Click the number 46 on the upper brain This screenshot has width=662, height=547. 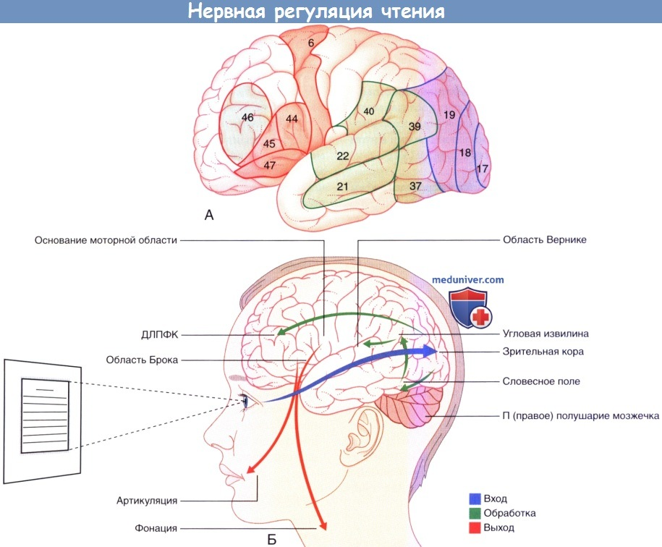pos(247,117)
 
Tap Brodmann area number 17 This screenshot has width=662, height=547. pos(482,169)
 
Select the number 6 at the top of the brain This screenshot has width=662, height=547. pos(311,43)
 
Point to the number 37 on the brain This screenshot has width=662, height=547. pos(415,186)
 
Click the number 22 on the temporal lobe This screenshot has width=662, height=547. pos(343,156)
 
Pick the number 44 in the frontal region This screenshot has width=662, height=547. pos(292,119)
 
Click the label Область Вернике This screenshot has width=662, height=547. pos(545,239)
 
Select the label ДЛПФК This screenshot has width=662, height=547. pos(160,335)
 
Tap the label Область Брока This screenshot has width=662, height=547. pos(142,360)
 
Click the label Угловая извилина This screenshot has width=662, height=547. pos(546,334)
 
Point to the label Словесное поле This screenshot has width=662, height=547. pos(541,381)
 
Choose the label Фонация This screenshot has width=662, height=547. pos(156,528)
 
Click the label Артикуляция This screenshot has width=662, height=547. pos(146,501)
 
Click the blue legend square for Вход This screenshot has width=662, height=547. pos(475,499)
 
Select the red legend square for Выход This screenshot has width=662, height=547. pos(475,527)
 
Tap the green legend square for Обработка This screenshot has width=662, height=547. pos(475,513)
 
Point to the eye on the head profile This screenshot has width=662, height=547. pos(245,400)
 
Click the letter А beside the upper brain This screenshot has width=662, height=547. pos(209,216)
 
